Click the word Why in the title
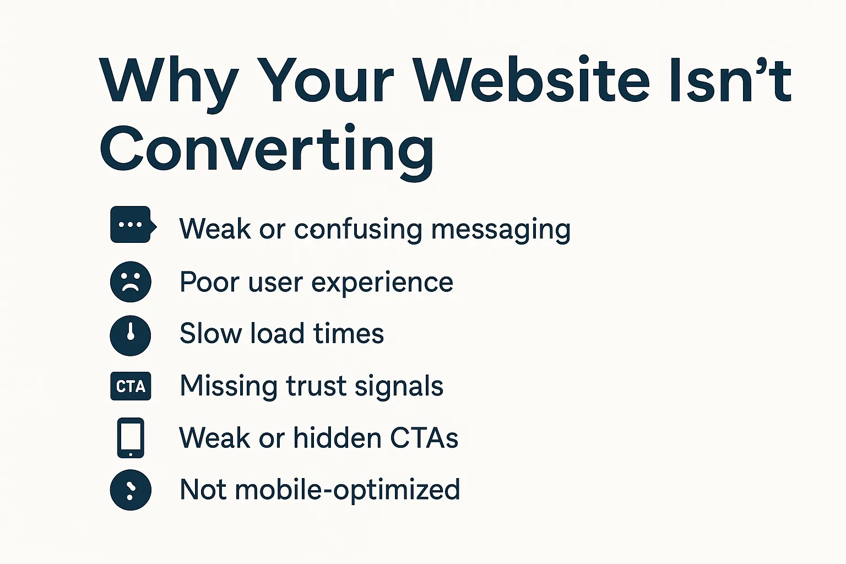(169, 82)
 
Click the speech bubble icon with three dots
(132, 225)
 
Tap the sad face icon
(131, 281)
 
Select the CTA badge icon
(131, 386)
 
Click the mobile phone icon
(131, 438)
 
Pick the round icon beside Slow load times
(131, 335)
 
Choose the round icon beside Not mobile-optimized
(131, 490)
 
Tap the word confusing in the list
(358, 229)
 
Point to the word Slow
(210, 333)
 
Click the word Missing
(228, 386)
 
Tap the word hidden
(337, 438)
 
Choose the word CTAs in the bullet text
(424, 438)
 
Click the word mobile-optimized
(347, 490)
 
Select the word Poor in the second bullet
(209, 282)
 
